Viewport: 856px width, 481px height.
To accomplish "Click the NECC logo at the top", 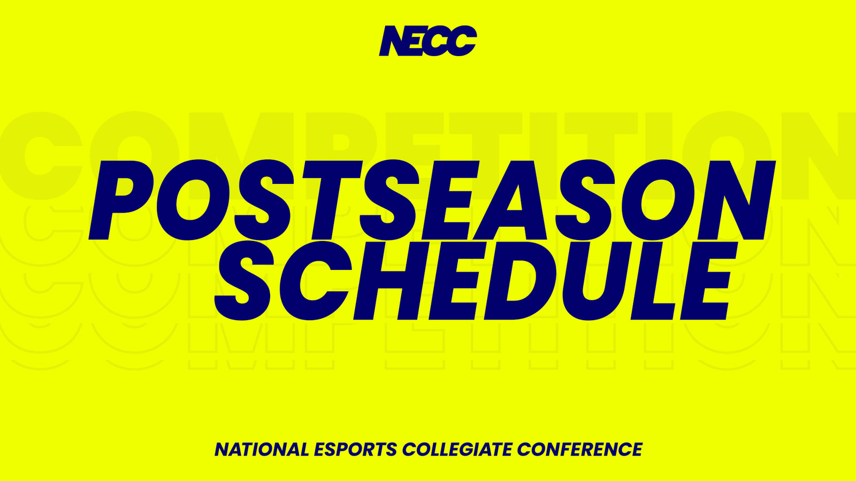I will (x=427, y=41).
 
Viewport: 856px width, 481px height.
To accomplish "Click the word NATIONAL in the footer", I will (x=262, y=449).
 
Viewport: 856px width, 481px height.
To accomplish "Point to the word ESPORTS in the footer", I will (x=355, y=449).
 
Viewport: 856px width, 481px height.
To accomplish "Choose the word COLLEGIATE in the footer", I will (x=457, y=449).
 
